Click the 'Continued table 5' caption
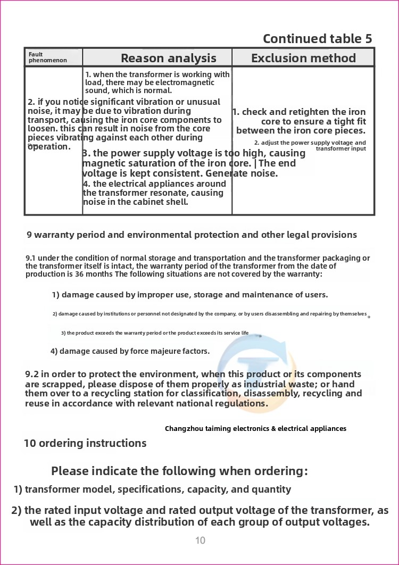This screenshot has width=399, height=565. tap(317, 39)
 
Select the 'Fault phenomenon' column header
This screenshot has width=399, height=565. tap(48, 57)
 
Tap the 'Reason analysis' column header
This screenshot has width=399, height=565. tap(168, 58)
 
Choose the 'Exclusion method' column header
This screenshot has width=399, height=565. tap(303, 58)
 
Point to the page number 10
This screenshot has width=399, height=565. tap(200, 541)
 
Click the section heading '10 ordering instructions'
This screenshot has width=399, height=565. tap(85, 443)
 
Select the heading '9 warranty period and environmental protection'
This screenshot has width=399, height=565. tap(192, 235)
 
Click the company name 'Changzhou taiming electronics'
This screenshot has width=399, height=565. tap(255, 428)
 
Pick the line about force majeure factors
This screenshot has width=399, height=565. tap(130, 351)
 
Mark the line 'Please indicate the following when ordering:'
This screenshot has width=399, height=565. tap(179, 471)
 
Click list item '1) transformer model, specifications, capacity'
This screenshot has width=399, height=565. tap(152, 489)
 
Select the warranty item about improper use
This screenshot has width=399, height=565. tap(189, 295)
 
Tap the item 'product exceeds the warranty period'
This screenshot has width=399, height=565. tap(154, 333)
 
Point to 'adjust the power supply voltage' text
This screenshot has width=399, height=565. tap(310, 145)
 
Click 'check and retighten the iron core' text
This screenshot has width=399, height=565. tap(300, 121)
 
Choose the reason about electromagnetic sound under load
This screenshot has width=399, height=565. tap(157, 82)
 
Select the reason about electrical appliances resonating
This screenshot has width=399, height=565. tap(154, 193)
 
